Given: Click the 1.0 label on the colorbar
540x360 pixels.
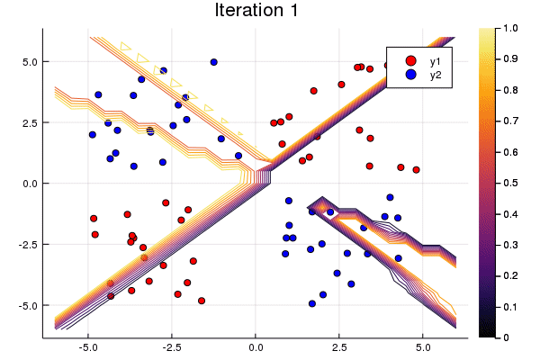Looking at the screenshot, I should click(x=510, y=29).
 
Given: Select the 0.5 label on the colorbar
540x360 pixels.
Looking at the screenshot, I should click(x=510, y=183).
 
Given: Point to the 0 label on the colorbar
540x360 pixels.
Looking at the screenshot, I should click(x=507, y=337).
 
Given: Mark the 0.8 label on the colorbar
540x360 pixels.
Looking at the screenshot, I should click(x=510, y=90).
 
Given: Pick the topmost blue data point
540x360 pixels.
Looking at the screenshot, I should click(x=213, y=62).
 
